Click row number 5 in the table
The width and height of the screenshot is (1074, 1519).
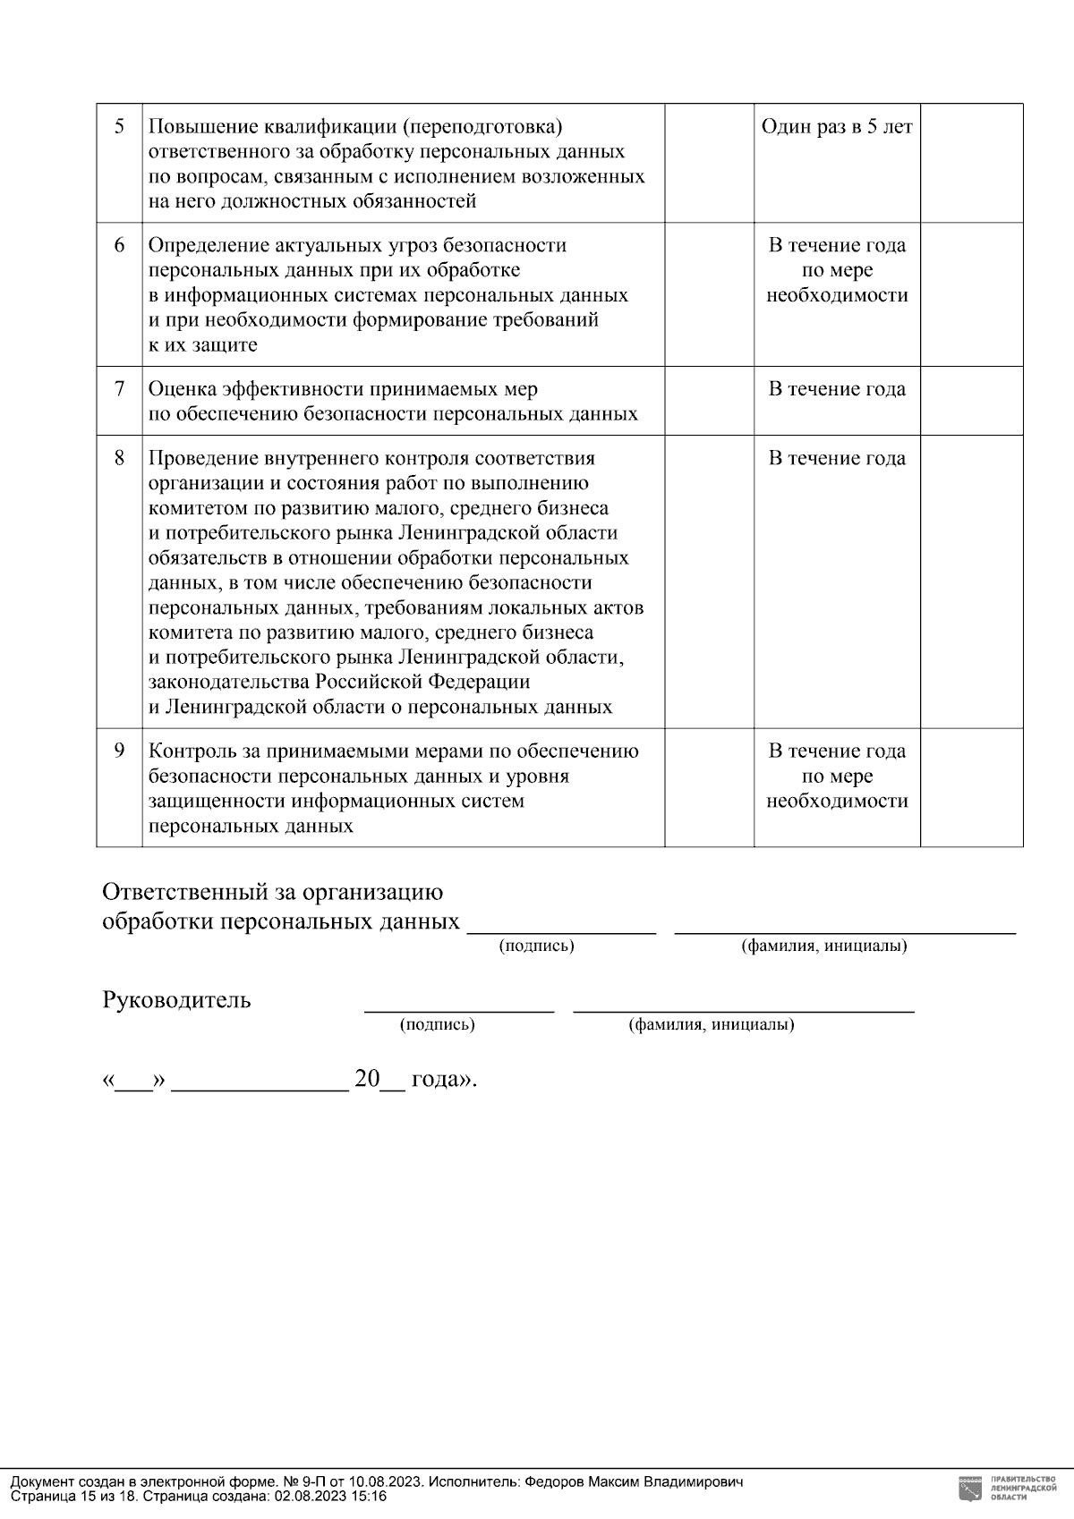pyautogui.click(x=119, y=126)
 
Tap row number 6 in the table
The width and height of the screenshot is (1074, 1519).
pyautogui.click(x=119, y=245)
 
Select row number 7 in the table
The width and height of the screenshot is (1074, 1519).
pyautogui.click(x=119, y=389)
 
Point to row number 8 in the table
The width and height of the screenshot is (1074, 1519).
pyautogui.click(x=119, y=458)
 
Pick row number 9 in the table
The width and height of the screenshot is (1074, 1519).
pyautogui.click(x=119, y=751)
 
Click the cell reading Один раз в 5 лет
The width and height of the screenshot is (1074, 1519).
pyautogui.click(x=837, y=127)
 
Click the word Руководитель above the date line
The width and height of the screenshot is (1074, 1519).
pyautogui.click(x=176, y=1000)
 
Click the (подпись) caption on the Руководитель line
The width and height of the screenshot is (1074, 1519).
pyautogui.click(x=437, y=1025)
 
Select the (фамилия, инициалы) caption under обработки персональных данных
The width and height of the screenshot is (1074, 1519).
pyautogui.click(x=823, y=946)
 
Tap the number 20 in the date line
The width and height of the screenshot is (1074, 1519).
pyautogui.click(x=367, y=1079)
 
